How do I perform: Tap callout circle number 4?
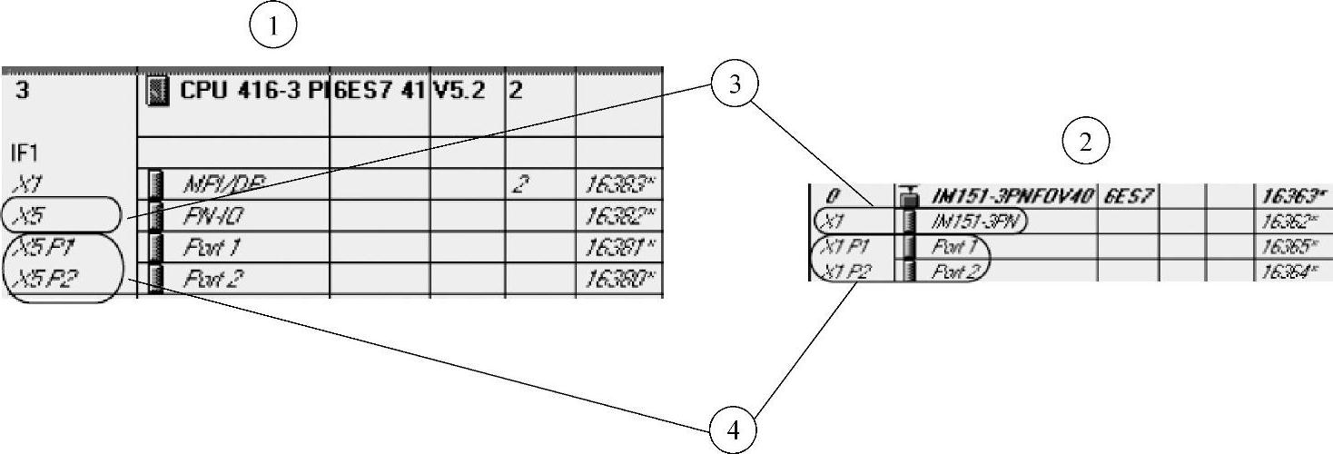point(733,428)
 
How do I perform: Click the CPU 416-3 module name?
point(251,91)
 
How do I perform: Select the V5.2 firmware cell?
point(459,91)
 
